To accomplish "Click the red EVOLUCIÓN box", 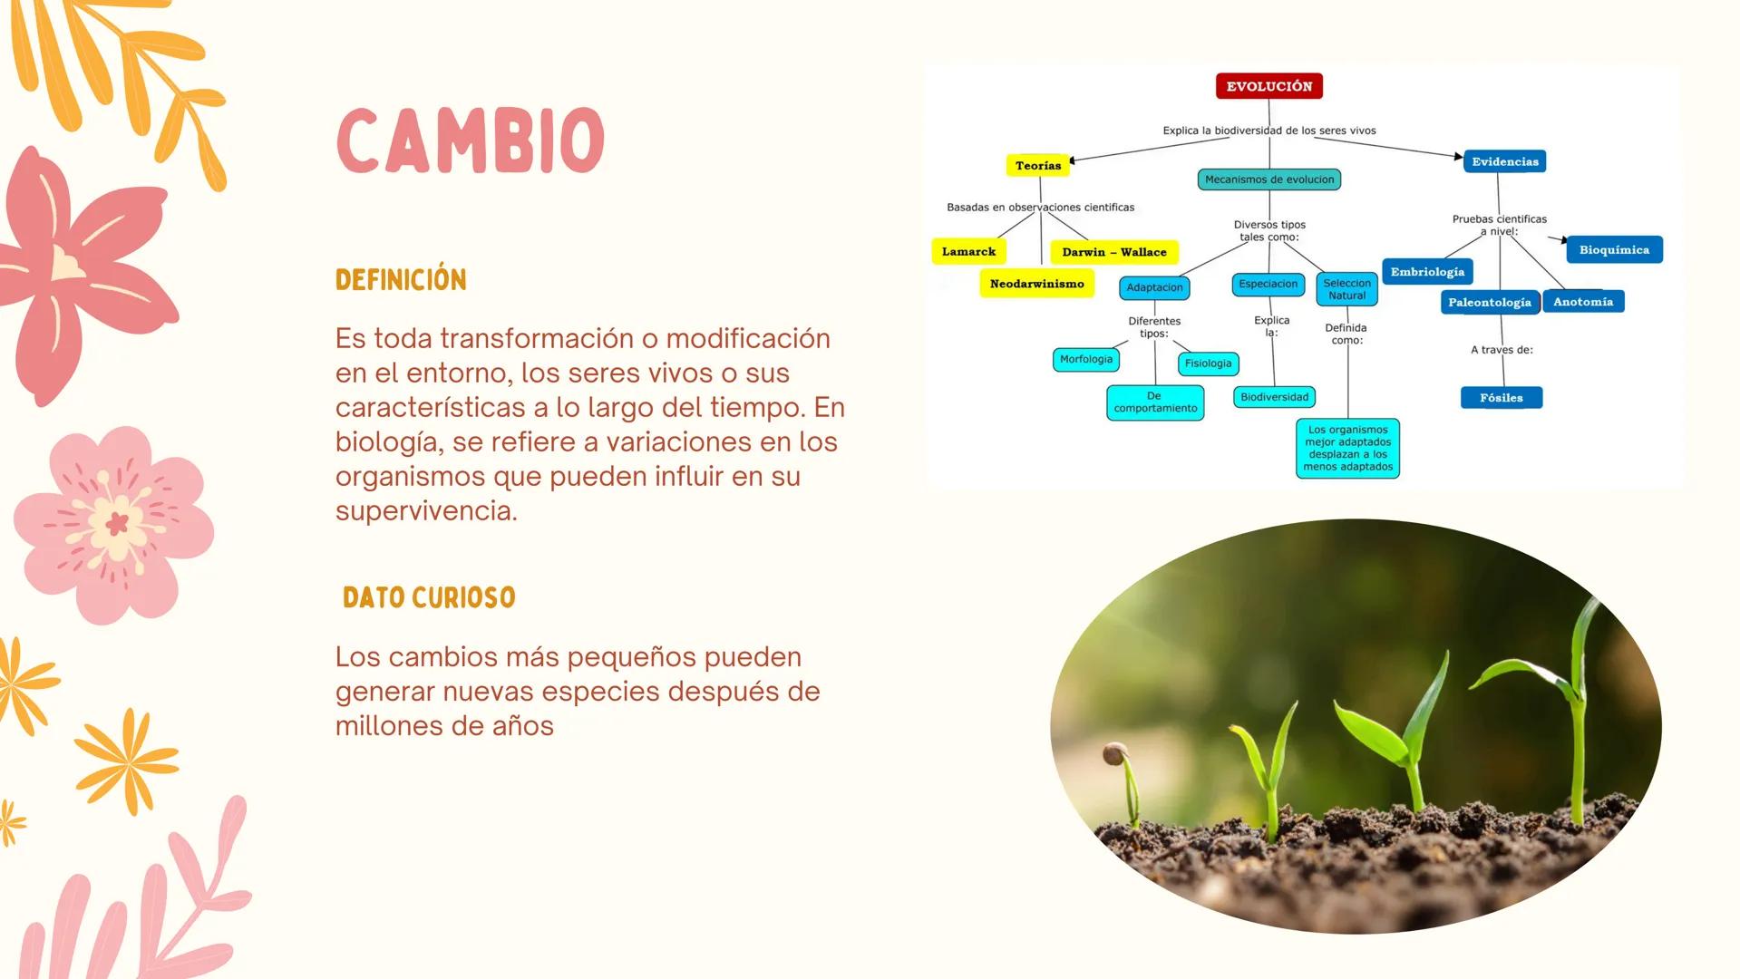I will click(x=1269, y=86).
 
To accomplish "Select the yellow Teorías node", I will click(x=1037, y=165).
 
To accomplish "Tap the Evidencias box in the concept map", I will click(x=1504, y=161).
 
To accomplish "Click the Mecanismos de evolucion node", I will click(x=1269, y=179).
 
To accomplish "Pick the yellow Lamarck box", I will click(x=968, y=251).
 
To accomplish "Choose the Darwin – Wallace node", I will click(x=1113, y=252).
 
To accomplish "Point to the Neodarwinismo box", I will click(x=1036, y=284).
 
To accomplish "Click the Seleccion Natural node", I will click(x=1346, y=289).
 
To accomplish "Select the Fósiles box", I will click(x=1501, y=397).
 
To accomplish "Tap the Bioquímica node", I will click(x=1614, y=249).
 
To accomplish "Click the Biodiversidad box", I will click(x=1274, y=397).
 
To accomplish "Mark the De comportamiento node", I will click(x=1154, y=402).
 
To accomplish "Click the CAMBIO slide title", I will click(x=470, y=141).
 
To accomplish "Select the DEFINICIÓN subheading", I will click(x=401, y=279).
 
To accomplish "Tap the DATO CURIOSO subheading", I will click(x=429, y=597).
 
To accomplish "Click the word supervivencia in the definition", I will click(x=425, y=510).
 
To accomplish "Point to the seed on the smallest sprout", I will click(x=1114, y=753).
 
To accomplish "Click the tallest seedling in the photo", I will click(x=1579, y=707).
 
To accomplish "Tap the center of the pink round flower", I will click(x=116, y=523).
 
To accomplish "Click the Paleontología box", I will click(x=1489, y=302).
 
